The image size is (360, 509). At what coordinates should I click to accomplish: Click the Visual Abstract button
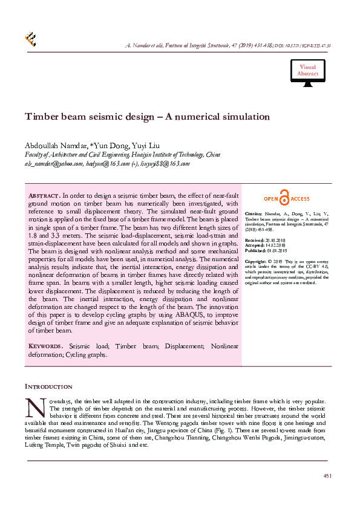coord(307,71)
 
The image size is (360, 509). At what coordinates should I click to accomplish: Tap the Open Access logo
coord(286,199)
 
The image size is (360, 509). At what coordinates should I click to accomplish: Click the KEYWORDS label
coord(45,346)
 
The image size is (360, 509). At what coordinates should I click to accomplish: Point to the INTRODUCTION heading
coord(48,386)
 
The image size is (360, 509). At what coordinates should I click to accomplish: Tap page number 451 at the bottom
coord(327,477)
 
